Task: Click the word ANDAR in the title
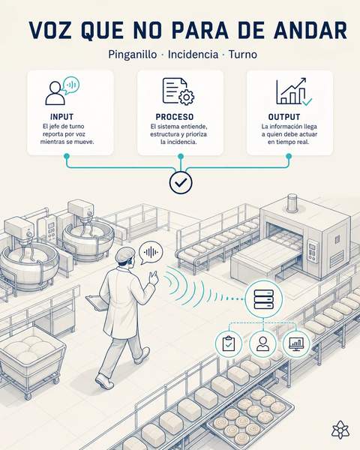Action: coord(310,30)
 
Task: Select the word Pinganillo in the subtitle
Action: coord(132,55)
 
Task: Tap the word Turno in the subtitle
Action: coord(242,54)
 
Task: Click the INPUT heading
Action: coord(61,117)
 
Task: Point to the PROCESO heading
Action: coord(175,117)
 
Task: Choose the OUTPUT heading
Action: coord(284,117)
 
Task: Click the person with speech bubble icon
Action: coord(62,91)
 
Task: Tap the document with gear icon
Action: coord(178,91)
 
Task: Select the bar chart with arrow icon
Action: coord(294,91)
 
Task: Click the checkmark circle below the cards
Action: coord(181,182)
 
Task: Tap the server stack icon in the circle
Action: coord(264,299)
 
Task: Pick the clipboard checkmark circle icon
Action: coord(229,343)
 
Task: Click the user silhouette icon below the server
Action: coord(262,343)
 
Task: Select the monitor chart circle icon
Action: coord(296,343)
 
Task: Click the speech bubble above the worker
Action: coord(151,253)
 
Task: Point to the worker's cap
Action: coord(124,254)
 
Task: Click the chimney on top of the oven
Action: coord(292,202)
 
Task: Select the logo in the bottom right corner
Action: coord(340,430)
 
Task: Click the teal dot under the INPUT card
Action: coord(67,156)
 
